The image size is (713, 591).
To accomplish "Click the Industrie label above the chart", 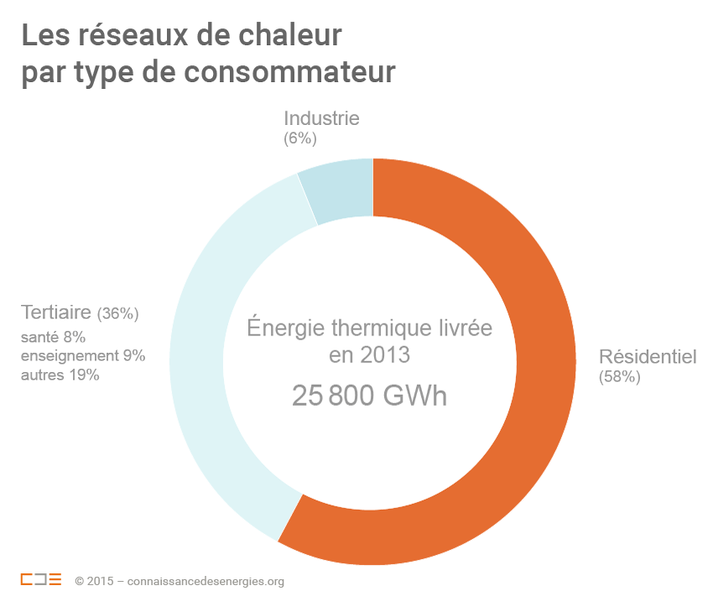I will [x=321, y=118].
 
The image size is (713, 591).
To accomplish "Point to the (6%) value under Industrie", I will [x=300, y=139].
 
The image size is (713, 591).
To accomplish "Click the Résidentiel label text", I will [x=648, y=356].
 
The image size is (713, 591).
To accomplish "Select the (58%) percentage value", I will [x=620, y=377].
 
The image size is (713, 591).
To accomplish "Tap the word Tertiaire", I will [x=56, y=313].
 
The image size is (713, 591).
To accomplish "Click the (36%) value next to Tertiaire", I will [x=117, y=314].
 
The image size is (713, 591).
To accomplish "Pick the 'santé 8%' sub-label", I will [x=53, y=337].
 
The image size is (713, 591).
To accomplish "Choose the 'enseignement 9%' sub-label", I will [x=83, y=355].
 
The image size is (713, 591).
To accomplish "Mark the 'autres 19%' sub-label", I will [x=60, y=375].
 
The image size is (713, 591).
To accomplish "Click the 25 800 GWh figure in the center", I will [x=369, y=396].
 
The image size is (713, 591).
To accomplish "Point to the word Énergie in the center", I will [x=285, y=327].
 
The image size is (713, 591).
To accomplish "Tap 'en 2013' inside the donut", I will [x=369, y=355].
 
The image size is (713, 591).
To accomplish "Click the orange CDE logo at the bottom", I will [x=41, y=579].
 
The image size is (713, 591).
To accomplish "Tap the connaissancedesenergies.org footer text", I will [x=206, y=581].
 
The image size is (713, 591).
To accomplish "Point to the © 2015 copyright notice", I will [x=93, y=581].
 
